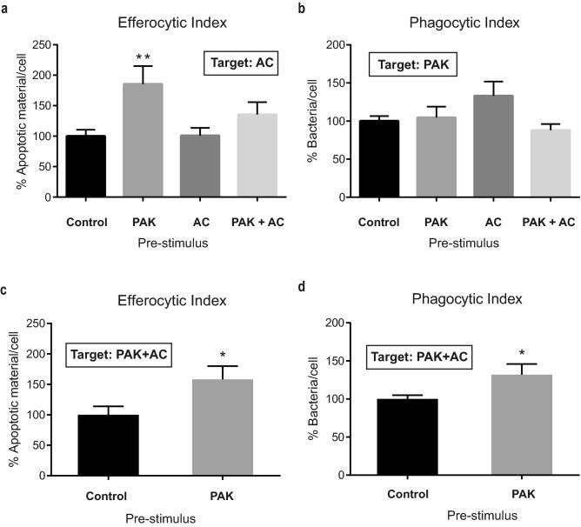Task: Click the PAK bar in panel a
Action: coord(147,140)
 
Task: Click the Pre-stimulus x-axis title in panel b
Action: coord(463,243)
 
